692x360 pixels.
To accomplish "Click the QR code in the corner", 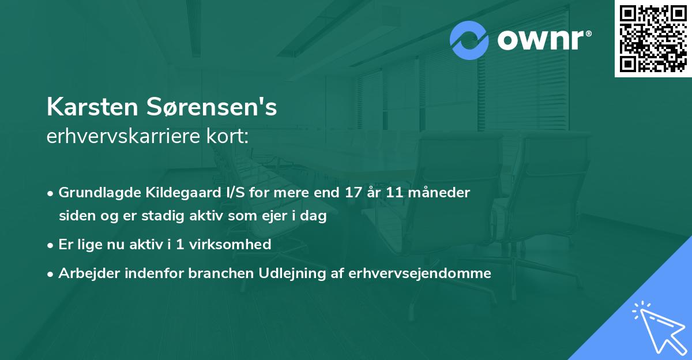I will (x=653, y=39).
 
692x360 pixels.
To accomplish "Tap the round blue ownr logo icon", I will (x=471, y=40).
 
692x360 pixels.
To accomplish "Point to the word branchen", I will (x=214, y=273).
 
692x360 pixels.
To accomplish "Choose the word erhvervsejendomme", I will (x=420, y=273).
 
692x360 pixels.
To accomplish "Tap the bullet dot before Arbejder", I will (x=51, y=273).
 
